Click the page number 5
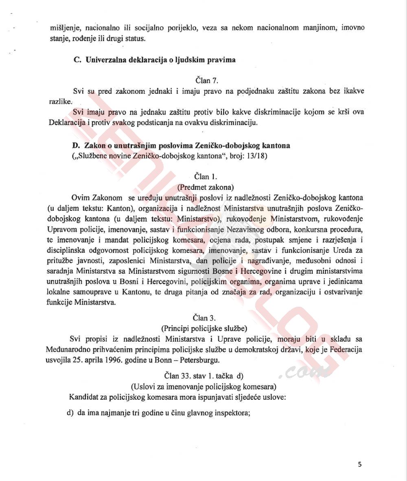point(360,464)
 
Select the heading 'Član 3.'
point(206,318)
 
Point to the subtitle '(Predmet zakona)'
point(206,187)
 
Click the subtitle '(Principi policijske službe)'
point(206,328)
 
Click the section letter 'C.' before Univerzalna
point(78,60)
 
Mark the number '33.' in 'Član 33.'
point(189,375)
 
